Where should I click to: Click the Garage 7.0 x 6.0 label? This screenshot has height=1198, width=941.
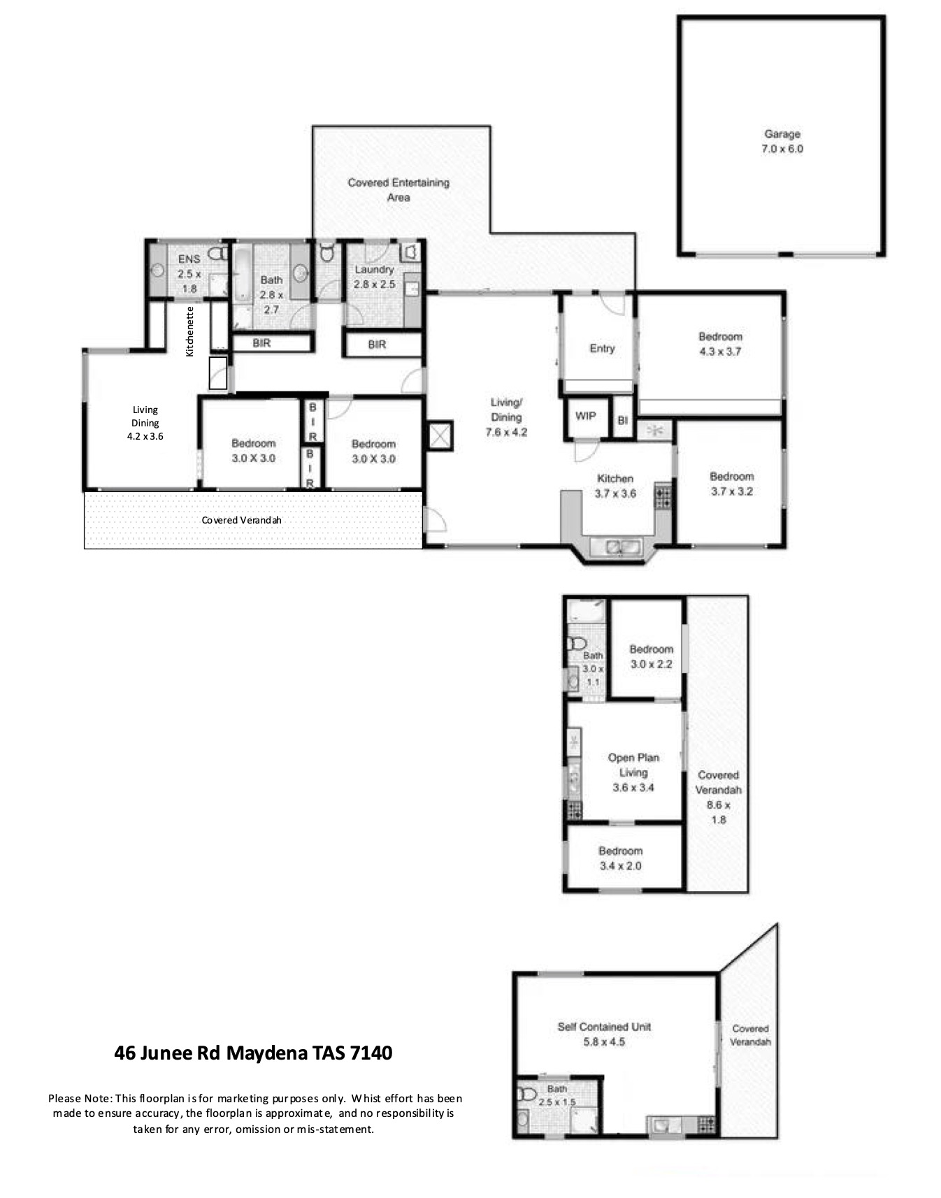782,141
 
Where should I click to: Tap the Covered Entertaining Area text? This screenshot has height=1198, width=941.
398,190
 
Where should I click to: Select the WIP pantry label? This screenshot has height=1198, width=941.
585,416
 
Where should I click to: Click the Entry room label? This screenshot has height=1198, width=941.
602,348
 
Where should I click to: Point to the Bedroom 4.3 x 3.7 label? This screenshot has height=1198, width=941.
720,344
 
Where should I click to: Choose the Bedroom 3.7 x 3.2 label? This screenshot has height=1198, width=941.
732,484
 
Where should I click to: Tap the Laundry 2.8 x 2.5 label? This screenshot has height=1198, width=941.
375,277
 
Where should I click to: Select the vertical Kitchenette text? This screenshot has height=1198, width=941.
189,331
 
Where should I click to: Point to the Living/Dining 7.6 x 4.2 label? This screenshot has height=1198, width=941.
506,417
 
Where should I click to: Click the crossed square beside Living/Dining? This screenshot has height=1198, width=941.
440,435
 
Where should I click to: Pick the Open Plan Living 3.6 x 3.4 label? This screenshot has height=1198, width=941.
633,772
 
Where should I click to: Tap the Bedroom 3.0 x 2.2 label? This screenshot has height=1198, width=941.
651,656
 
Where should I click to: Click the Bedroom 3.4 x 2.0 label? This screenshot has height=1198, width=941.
620,858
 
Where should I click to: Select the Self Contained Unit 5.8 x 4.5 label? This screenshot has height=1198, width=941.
604,1034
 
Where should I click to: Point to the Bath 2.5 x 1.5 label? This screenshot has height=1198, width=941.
557,1095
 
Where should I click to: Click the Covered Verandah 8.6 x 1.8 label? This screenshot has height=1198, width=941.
719,797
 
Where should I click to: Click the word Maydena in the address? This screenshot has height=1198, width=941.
266,1053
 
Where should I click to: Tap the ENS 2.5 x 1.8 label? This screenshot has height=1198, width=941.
189,273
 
